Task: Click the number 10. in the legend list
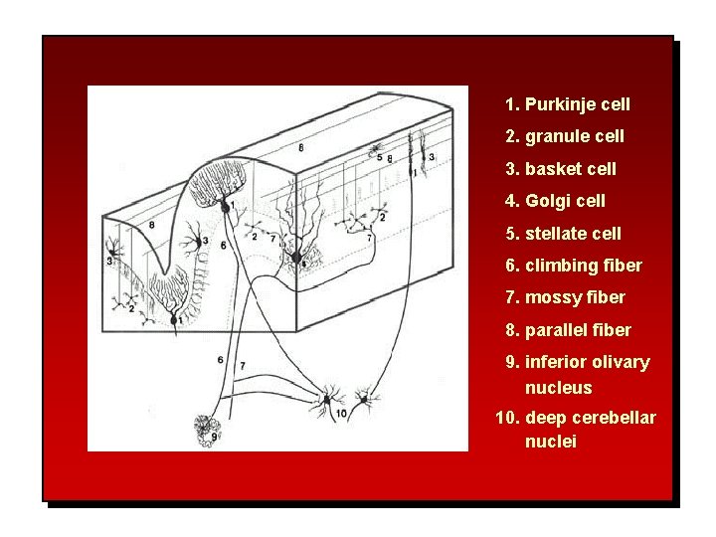click(x=507, y=418)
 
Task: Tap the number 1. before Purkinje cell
click(x=512, y=104)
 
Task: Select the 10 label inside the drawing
click(x=341, y=413)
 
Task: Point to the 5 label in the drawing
click(x=380, y=158)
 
